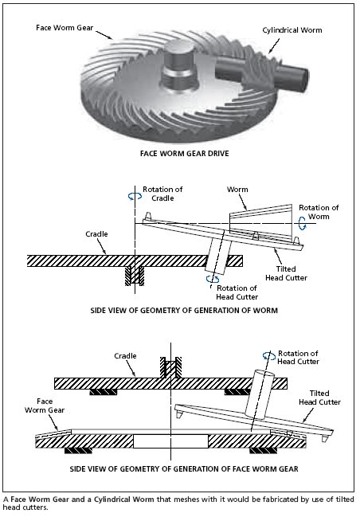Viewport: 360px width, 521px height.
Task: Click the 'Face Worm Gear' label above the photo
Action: (65, 28)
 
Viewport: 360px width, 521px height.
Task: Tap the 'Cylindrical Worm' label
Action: (292, 30)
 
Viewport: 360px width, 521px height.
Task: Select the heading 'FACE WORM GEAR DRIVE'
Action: (184, 154)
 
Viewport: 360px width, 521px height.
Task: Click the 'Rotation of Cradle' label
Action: (162, 194)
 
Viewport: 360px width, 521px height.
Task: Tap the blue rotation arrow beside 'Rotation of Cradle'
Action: (135, 197)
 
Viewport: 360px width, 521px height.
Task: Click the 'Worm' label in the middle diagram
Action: (237, 190)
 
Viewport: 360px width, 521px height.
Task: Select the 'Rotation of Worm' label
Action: (319, 212)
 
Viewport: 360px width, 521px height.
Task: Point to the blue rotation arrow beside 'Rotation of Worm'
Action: (302, 223)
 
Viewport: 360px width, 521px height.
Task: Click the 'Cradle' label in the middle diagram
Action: (96, 234)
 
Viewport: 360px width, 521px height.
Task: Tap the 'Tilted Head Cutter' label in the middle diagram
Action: (286, 273)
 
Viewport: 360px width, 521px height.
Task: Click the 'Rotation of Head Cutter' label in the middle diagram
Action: (237, 292)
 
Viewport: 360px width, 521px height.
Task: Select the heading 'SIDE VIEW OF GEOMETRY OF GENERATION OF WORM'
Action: (184, 311)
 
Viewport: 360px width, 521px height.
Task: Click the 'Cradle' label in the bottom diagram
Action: (125, 356)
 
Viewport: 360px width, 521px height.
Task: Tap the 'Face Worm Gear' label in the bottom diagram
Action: (45, 405)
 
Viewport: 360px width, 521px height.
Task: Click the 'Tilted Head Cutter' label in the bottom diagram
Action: (319, 398)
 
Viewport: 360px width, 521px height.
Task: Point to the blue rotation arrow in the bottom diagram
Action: (269, 356)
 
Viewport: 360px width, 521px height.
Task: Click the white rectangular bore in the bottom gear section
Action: (170, 441)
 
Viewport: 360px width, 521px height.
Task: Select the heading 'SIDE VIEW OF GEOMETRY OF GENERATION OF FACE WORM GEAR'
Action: (184, 469)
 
